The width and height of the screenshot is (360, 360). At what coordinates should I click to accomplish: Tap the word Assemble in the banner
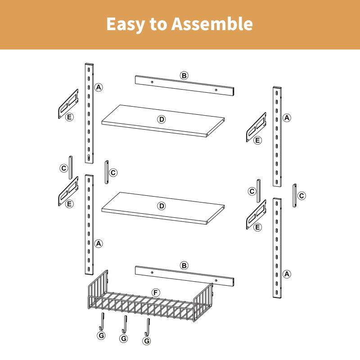tap(212, 23)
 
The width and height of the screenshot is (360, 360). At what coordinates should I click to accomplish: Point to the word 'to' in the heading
tap(158, 24)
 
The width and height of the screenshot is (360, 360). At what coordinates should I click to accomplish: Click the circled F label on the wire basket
tap(156, 293)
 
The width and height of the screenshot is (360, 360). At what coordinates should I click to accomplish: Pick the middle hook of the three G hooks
tap(124, 324)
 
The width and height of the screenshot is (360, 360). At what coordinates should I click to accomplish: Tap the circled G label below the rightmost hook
tap(147, 341)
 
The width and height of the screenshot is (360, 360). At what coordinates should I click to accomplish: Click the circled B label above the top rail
tap(184, 75)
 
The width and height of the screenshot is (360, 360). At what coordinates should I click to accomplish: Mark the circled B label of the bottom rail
tap(184, 265)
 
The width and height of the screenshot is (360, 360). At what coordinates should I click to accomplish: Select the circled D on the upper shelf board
tap(162, 119)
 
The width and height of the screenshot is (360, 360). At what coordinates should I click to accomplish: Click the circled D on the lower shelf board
tap(162, 206)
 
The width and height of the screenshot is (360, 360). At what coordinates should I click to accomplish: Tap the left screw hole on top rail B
tap(152, 82)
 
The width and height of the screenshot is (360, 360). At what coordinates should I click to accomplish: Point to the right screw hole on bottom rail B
tap(216, 280)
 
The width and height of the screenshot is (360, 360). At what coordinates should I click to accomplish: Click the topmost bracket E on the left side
tap(68, 104)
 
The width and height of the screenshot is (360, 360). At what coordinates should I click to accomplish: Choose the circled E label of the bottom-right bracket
tap(257, 227)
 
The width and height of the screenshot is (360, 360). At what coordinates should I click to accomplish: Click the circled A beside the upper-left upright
tap(99, 87)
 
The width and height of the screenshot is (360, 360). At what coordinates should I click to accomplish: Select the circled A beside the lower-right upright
tap(287, 274)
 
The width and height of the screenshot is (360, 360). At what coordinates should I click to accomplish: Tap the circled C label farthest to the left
tap(64, 168)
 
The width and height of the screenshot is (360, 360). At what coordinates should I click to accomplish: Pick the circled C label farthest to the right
tap(301, 196)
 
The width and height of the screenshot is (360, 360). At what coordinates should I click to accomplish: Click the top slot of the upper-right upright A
tap(277, 93)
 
